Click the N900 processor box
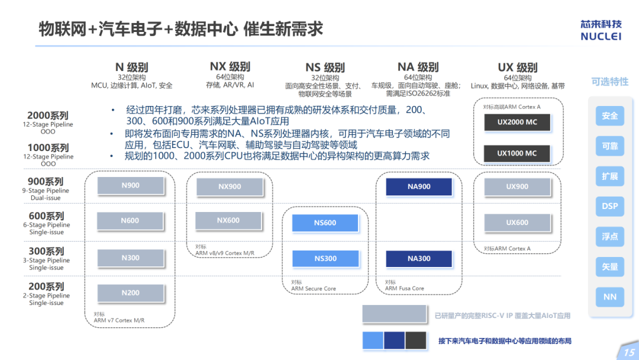130,185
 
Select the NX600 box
228,221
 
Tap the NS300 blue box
325,259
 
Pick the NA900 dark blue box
419,187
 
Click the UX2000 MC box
517,122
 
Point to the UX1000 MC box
517,154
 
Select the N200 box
130,293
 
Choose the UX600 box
517,223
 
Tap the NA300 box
419,259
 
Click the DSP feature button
609,206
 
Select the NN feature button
609,297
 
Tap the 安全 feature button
609,116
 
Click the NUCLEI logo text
601,36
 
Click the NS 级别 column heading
325,67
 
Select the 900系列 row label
46,181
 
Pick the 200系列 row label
46,287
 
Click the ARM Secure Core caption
314,289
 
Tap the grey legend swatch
394,314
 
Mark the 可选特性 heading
609,82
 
